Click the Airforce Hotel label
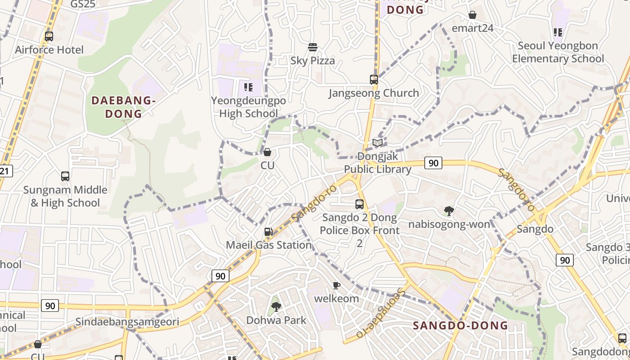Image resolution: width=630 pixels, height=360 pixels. click(49, 49)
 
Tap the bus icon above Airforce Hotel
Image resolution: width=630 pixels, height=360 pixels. click(49, 36)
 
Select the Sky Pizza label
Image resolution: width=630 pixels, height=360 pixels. click(313, 61)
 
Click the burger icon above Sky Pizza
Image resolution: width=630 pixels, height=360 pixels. click(313, 47)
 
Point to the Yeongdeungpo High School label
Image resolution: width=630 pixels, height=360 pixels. click(248, 107)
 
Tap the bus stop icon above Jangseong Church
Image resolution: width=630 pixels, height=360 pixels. click(374, 80)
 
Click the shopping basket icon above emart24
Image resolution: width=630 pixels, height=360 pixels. click(472, 15)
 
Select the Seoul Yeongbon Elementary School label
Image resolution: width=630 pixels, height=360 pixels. click(558, 52)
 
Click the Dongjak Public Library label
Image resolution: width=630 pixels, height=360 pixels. click(378, 162)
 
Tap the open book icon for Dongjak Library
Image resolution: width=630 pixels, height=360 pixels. click(378, 143)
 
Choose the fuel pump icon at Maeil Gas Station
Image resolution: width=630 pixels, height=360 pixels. click(268, 232)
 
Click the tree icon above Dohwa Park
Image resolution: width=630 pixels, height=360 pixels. click(276, 307)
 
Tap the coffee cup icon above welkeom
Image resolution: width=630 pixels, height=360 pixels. click(336, 285)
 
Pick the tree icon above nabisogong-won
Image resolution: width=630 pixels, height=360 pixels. click(449, 211)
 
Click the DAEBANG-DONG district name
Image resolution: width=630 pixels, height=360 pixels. click(124, 107)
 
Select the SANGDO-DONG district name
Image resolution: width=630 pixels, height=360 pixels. click(460, 325)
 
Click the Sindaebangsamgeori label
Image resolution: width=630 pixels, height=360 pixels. click(127, 322)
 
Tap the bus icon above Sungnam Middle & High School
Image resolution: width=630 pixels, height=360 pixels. click(65, 176)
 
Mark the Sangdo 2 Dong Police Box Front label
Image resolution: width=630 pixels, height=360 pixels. click(360, 224)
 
